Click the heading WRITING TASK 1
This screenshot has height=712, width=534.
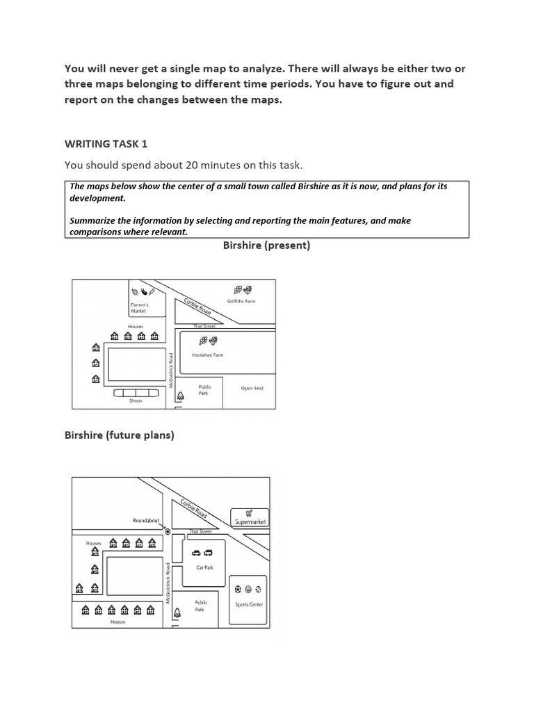click(x=106, y=144)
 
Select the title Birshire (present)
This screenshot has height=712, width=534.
click(x=266, y=245)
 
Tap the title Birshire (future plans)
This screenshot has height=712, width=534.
click(x=119, y=435)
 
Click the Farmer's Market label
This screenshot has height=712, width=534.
click(x=139, y=308)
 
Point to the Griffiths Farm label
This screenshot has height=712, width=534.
click(x=241, y=302)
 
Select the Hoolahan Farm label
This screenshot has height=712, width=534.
click(x=207, y=355)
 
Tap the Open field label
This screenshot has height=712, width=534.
click(x=252, y=388)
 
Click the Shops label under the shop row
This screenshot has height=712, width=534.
click(x=136, y=400)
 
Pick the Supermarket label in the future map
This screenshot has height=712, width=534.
click(x=250, y=521)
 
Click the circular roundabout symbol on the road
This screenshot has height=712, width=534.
click(x=168, y=531)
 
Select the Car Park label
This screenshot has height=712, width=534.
click(x=203, y=567)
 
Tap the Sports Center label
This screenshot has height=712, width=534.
click(x=249, y=604)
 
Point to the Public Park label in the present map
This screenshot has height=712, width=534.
click(x=205, y=389)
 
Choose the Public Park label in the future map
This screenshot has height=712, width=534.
click(x=200, y=606)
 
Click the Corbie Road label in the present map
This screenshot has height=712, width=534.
click(x=197, y=307)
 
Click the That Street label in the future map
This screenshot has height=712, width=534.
click(x=200, y=531)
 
